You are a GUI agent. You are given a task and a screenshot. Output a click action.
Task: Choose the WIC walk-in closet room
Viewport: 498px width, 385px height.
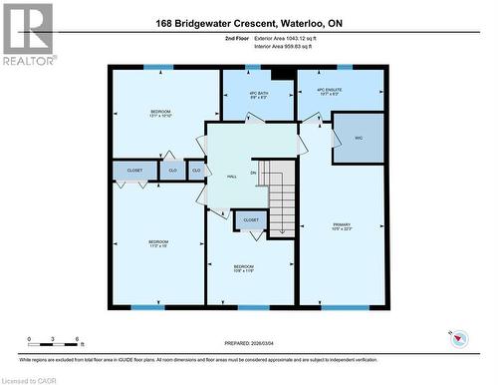click(x=359, y=139)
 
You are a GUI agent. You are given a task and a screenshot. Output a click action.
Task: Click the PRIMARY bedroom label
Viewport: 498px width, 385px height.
click(x=343, y=226)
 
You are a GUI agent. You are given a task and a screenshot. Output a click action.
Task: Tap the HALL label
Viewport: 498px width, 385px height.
click(x=231, y=176)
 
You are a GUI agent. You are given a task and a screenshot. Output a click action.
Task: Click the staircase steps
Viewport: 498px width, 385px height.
click(x=282, y=199)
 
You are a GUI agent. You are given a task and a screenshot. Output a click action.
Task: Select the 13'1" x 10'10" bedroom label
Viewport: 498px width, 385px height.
click(x=160, y=113)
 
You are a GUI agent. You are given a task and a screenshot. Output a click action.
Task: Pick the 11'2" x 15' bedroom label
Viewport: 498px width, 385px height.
click(x=158, y=244)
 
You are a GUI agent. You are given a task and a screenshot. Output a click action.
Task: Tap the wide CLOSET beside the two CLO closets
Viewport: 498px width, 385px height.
click(x=134, y=172)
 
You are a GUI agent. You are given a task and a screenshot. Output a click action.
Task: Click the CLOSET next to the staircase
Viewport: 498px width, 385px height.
click(x=251, y=219)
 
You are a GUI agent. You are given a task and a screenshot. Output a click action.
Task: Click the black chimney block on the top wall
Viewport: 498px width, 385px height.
click(x=281, y=71)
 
